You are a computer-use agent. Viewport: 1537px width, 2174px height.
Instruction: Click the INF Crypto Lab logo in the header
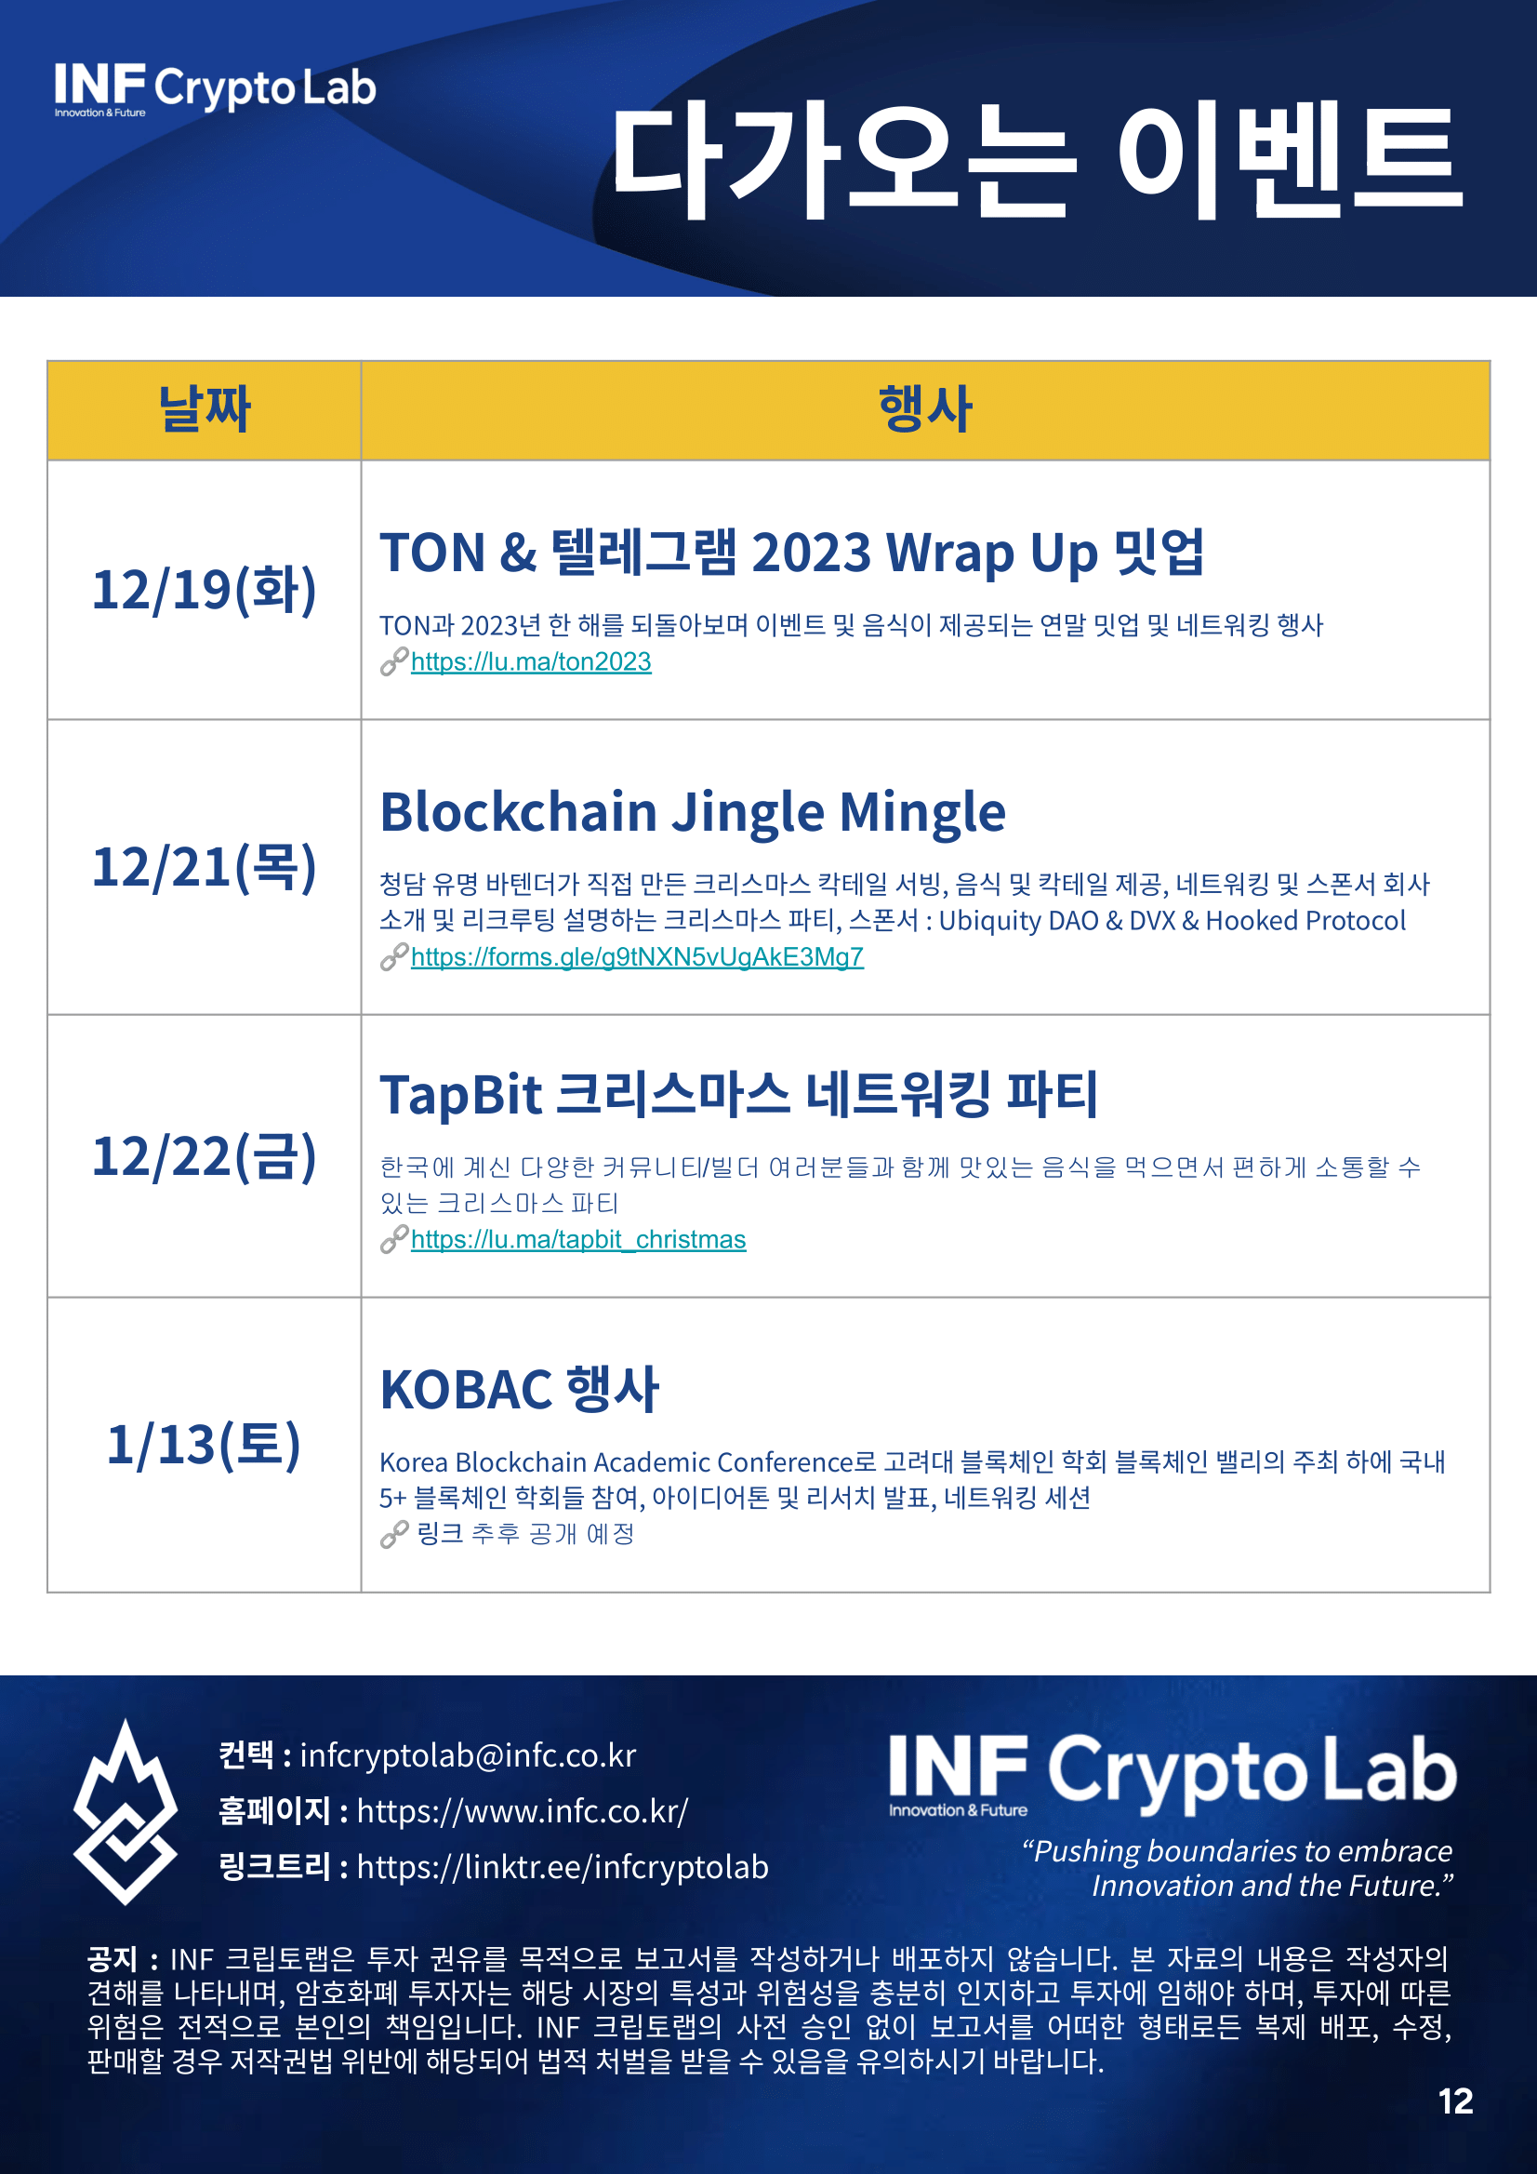tap(215, 90)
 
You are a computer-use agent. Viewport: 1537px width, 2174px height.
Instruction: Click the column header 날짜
tap(205, 409)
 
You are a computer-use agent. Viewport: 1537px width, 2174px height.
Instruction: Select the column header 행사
tap(924, 409)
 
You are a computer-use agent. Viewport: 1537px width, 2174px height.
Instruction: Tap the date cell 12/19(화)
tap(205, 590)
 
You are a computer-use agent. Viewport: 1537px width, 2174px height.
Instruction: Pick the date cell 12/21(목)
tap(205, 866)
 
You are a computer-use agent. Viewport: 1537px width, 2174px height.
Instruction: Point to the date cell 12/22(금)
tap(205, 1156)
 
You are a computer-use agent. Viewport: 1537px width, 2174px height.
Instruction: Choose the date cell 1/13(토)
tap(205, 1445)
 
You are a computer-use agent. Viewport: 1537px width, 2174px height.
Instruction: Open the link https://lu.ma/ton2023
tap(531, 661)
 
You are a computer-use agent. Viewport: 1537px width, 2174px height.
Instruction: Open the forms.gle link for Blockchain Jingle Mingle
tap(637, 957)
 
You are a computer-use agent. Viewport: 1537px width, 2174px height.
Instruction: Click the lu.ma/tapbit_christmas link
tap(578, 1239)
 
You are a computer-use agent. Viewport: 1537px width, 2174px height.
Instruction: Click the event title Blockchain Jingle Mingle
tap(693, 812)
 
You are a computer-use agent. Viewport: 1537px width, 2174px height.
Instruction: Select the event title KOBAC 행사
tap(520, 1389)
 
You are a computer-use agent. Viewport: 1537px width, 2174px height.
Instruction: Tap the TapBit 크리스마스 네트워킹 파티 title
tap(739, 1095)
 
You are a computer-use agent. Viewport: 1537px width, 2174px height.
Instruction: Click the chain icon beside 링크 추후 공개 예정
tap(393, 1535)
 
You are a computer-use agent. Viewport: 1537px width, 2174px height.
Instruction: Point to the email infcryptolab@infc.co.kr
tap(469, 1755)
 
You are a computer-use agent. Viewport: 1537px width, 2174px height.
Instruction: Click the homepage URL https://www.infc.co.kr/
tap(523, 1811)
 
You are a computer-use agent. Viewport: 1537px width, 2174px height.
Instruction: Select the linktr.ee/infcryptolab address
tap(563, 1867)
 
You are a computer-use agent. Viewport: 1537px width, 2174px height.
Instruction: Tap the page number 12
tap(1455, 2101)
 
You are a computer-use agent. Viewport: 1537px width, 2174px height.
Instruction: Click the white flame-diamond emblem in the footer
tap(125, 1812)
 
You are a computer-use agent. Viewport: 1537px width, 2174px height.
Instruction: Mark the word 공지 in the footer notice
tap(113, 1958)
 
